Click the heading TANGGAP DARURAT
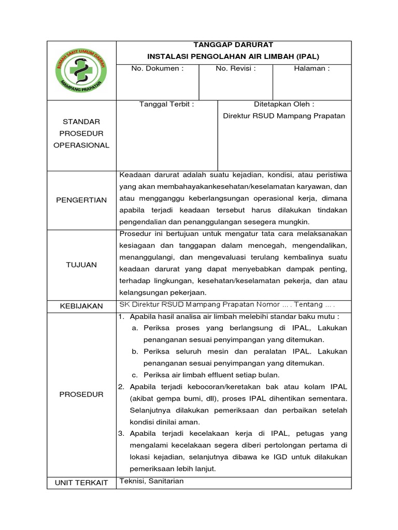coord(233,45)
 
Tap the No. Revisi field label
coord(236,68)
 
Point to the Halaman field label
coord(311,68)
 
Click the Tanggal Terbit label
coord(166,104)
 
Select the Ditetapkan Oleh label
coord(283,104)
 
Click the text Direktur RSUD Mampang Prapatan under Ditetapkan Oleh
coord(283,116)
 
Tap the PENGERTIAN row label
coord(81,200)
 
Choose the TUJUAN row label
coord(81,264)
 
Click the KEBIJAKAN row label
coord(81,306)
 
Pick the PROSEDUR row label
coord(81,394)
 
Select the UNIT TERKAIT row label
coord(81,482)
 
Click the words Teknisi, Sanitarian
coord(151,481)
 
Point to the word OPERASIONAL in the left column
coord(81,145)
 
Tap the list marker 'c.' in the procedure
coord(134,375)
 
